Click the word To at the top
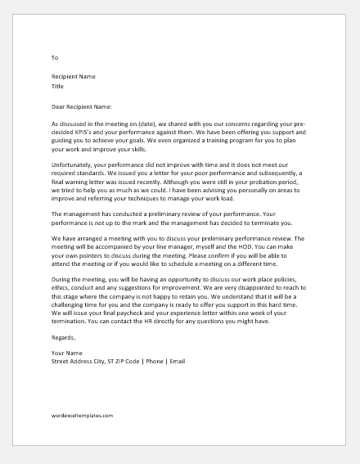pos(55,57)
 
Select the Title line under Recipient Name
pos(58,85)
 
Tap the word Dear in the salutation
pos(59,106)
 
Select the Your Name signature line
pos(67,353)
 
